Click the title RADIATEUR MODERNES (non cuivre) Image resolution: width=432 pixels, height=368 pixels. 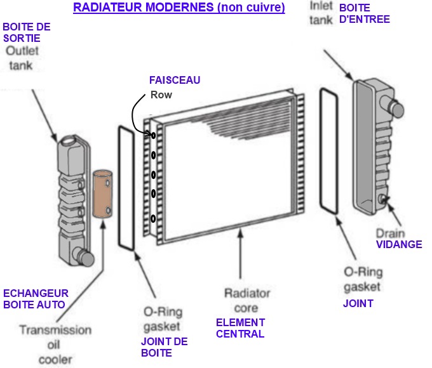(x=179, y=8)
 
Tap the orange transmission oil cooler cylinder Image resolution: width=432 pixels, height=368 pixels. (x=102, y=194)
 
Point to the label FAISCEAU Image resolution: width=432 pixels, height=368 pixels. (x=174, y=81)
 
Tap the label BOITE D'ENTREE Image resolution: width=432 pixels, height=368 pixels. (x=364, y=13)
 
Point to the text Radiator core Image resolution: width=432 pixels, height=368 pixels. (x=247, y=300)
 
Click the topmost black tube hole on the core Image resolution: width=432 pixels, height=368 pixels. (x=153, y=135)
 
